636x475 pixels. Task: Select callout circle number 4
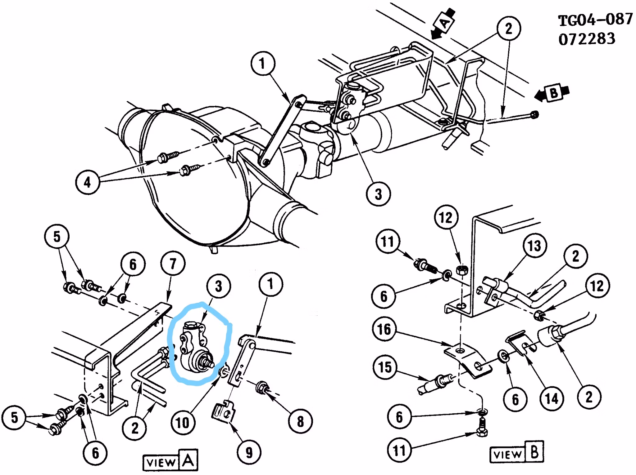(x=88, y=182)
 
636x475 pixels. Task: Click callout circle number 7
(x=173, y=264)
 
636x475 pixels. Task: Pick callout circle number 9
(x=249, y=452)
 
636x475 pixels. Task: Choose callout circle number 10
(x=183, y=422)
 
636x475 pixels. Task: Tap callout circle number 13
(x=534, y=246)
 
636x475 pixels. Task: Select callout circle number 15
(x=385, y=367)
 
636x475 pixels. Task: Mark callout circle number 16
(x=384, y=329)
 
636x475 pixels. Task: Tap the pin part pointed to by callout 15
(x=433, y=384)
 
